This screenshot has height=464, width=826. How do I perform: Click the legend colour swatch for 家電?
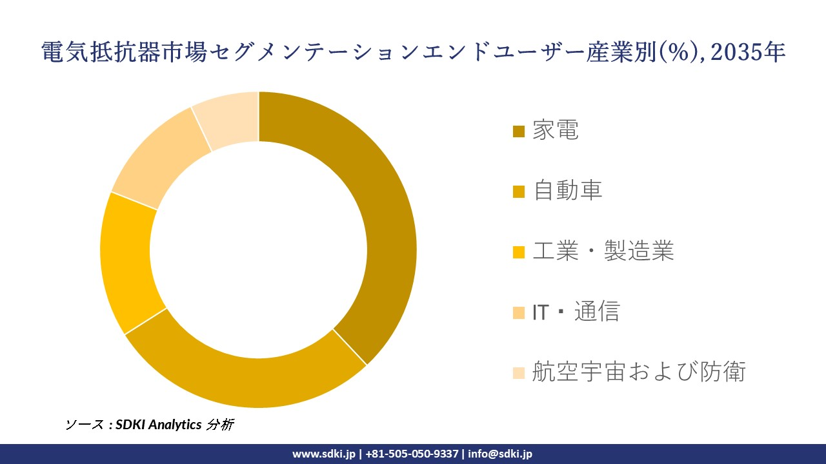click(519, 131)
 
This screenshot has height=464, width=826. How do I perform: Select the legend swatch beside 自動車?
click(519, 191)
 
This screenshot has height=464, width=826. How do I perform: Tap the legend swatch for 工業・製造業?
click(519, 252)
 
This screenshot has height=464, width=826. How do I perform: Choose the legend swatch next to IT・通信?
click(519, 313)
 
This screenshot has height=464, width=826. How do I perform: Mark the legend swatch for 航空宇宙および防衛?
click(519, 372)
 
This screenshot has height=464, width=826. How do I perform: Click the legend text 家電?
click(556, 130)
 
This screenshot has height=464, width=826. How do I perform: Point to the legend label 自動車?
click(567, 191)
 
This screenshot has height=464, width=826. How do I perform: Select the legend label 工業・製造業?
click(603, 251)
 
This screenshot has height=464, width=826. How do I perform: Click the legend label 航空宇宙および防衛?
click(639, 372)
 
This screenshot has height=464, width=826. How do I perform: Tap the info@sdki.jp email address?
click(500, 454)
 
